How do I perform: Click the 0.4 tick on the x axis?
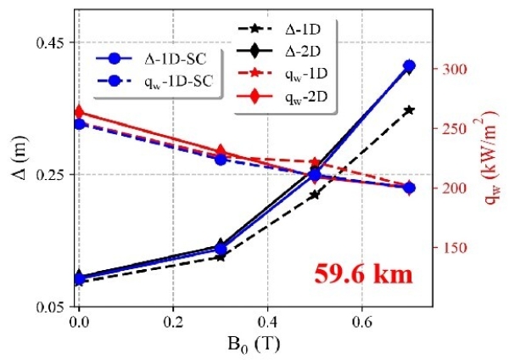click(x=267, y=323)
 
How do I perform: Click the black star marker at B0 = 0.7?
click(x=409, y=110)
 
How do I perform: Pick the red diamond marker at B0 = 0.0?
click(x=79, y=112)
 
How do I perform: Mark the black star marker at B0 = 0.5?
click(x=315, y=194)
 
